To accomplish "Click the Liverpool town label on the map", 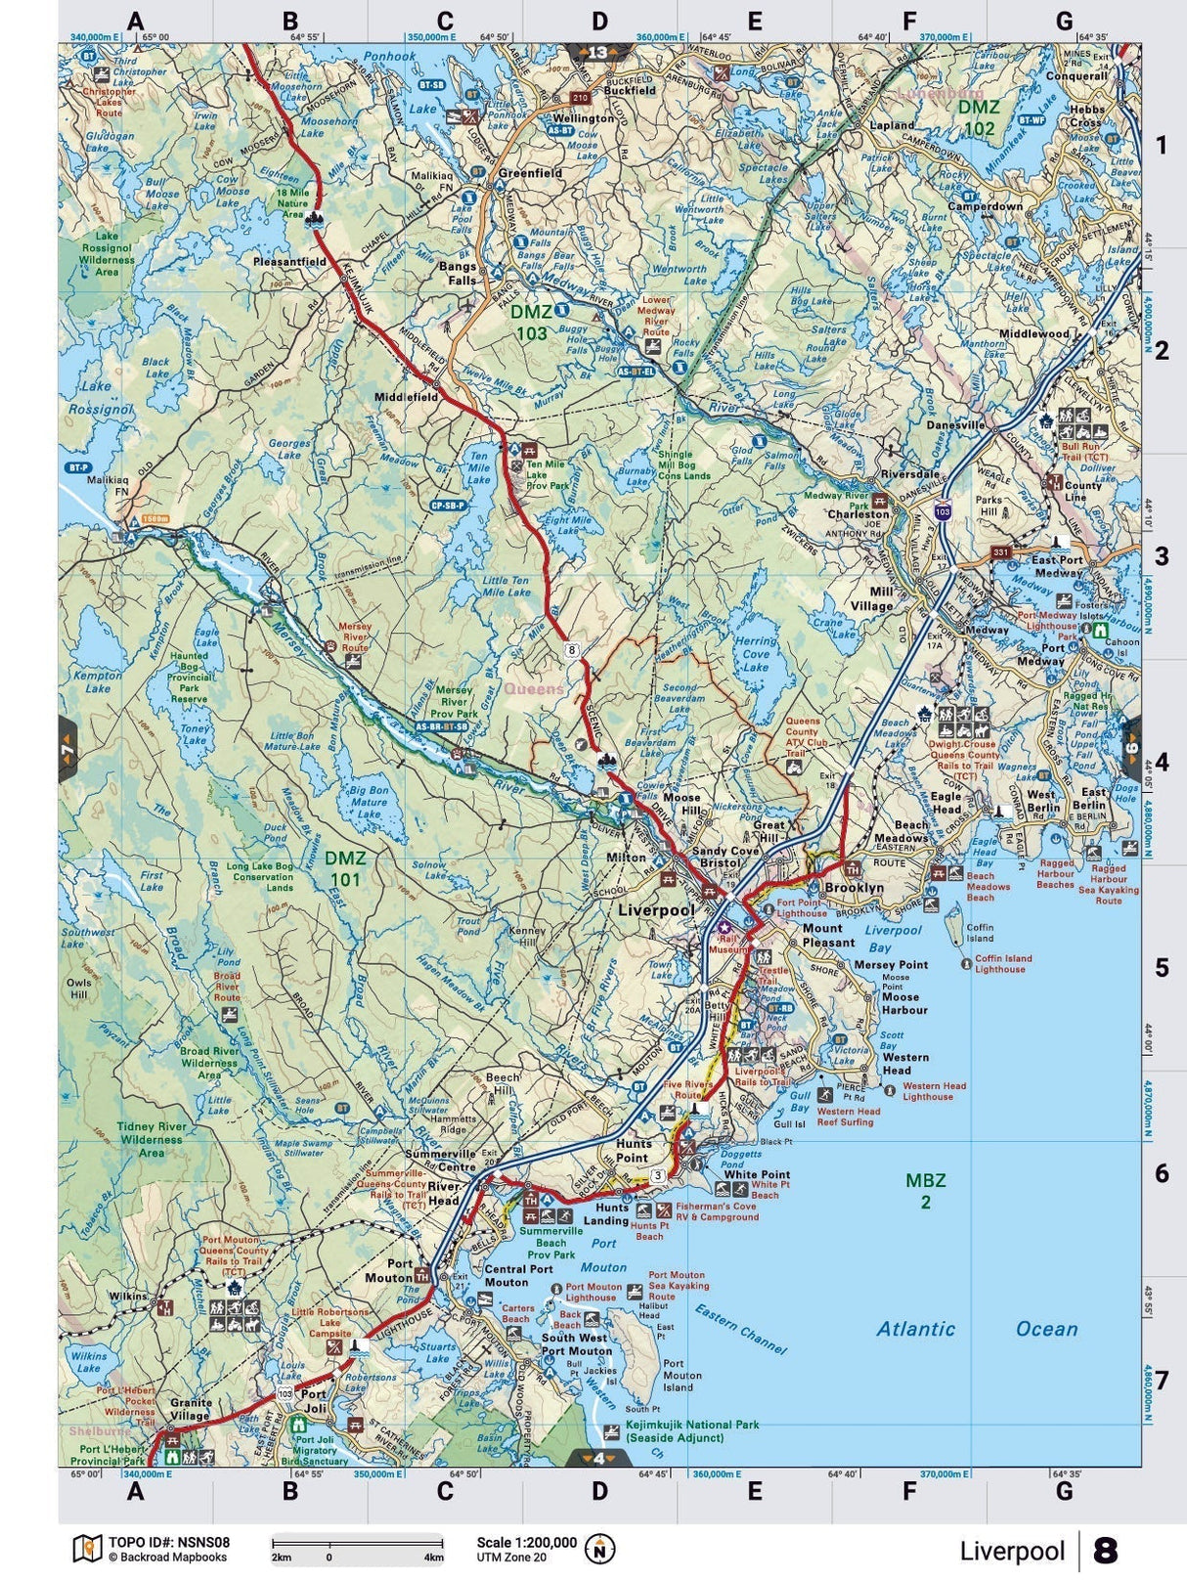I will pos(656,909).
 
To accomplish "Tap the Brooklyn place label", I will pos(854,888).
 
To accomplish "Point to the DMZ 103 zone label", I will pos(531,322).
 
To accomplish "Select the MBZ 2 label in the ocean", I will pos(925,1191).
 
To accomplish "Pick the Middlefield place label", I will pos(407,398).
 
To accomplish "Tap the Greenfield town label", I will pos(530,173).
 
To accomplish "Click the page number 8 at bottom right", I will pos(1106,1551).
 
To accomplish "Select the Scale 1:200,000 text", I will pos(526,1542).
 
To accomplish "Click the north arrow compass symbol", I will pos(599,1549).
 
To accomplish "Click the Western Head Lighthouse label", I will pos(934,1091).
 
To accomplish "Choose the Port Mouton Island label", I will pos(681,1375).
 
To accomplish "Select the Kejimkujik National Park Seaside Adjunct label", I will pos(692,1431).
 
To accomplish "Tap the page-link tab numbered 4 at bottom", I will pos(597,1458).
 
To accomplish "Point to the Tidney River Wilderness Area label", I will pos(152,1139).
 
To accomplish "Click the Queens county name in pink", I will pos(534,688).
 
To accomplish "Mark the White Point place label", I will pos(756,1174).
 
